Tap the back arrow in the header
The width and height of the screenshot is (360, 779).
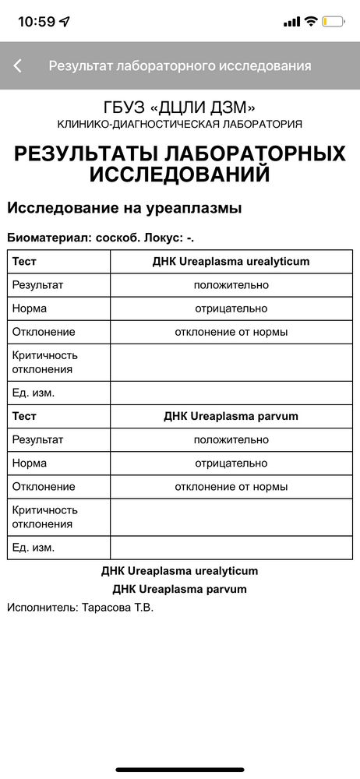(x=18, y=66)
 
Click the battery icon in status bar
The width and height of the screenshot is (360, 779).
(x=335, y=22)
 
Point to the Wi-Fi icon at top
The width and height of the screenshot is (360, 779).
(x=312, y=22)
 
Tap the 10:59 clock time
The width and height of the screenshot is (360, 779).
(x=36, y=22)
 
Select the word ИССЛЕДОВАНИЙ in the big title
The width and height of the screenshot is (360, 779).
(x=180, y=174)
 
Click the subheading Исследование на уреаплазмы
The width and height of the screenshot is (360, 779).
(x=125, y=208)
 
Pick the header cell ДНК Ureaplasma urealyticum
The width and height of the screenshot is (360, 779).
(x=231, y=262)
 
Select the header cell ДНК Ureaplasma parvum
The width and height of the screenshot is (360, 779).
(x=231, y=416)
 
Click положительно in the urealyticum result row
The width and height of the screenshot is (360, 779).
(x=231, y=285)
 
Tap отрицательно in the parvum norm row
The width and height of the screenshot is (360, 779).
(x=231, y=463)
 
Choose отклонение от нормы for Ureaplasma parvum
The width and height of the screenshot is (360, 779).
(x=231, y=486)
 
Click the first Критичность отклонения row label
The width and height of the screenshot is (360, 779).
(x=45, y=362)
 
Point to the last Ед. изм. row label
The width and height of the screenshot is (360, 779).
(x=34, y=548)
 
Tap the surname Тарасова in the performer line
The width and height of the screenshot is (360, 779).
(x=108, y=607)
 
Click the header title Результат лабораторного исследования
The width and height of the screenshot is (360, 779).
(x=180, y=66)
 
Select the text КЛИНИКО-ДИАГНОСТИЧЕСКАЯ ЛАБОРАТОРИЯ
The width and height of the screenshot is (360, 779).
(x=180, y=125)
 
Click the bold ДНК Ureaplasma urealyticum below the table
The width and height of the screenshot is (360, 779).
(x=180, y=571)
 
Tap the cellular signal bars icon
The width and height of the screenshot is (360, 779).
(x=292, y=22)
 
